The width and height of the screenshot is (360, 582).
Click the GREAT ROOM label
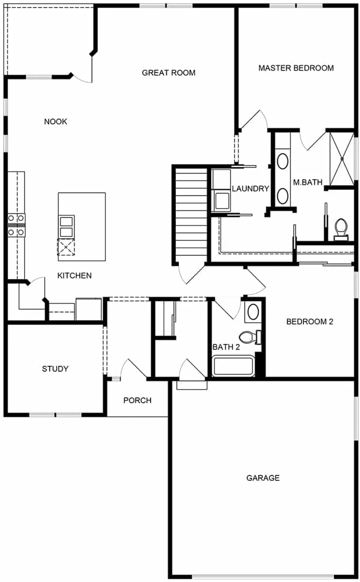(x=168, y=73)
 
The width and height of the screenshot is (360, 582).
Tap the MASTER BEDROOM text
(x=296, y=68)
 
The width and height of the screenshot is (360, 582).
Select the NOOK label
(x=56, y=122)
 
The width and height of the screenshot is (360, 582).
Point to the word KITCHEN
(x=75, y=275)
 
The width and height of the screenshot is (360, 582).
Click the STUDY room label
(x=55, y=369)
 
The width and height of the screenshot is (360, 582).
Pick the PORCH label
(x=137, y=400)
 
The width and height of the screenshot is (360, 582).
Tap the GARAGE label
(x=263, y=478)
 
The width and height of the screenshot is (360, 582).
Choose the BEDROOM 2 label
(x=309, y=321)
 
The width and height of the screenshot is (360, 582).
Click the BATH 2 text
(x=226, y=347)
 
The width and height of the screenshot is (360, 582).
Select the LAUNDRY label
(x=250, y=189)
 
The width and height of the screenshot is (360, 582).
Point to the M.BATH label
(x=308, y=182)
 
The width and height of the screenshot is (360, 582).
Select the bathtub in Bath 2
(x=233, y=366)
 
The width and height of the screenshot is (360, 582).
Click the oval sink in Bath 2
(x=252, y=312)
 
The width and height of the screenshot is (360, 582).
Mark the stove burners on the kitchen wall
(x=16, y=225)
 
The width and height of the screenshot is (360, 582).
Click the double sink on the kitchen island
(x=66, y=227)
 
